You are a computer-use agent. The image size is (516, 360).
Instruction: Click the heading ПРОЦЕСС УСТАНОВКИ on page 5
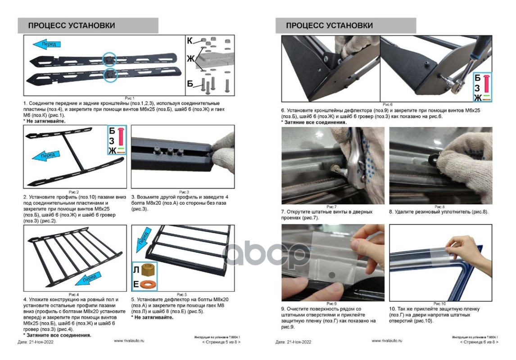(71, 26)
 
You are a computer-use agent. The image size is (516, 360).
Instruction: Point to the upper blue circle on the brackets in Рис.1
(109, 59)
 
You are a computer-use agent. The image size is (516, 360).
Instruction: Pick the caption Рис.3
(184, 192)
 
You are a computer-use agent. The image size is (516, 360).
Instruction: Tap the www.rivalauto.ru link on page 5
(129, 341)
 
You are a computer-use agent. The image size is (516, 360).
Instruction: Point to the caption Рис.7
(332, 207)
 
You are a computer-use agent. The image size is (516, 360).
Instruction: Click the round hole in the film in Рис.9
(331, 274)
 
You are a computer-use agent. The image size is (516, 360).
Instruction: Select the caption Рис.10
(439, 304)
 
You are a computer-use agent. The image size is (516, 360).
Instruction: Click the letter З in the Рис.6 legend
(477, 88)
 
